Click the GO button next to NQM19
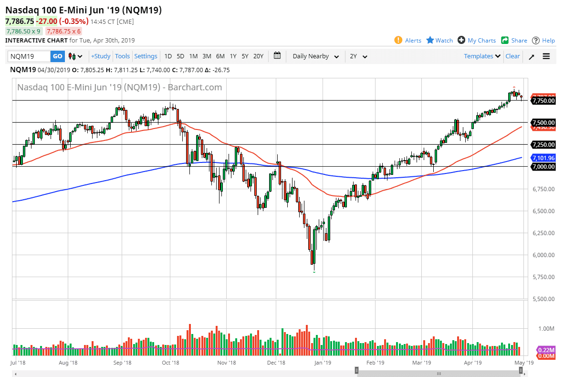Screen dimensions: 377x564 pos(57,56)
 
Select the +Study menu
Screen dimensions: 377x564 pos(101,56)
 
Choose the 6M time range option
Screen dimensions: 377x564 pos(220,56)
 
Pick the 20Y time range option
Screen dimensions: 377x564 pos(258,56)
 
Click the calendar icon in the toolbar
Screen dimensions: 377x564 pos(277,56)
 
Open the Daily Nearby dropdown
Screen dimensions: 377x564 pos(315,56)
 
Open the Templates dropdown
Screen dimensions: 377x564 pos(482,56)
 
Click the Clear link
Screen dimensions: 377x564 pos(512,56)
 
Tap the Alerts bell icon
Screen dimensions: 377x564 pos(398,40)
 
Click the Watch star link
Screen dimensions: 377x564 pos(439,41)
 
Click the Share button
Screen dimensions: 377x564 pos(514,41)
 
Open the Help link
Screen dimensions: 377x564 pos(543,41)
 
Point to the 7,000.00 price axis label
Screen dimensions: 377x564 pos(544,167)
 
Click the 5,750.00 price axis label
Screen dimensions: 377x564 pos(544,277)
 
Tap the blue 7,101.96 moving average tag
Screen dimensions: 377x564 pos(544,158)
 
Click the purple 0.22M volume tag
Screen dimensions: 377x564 pos(546,350)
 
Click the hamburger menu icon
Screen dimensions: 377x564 pos(546,56)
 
